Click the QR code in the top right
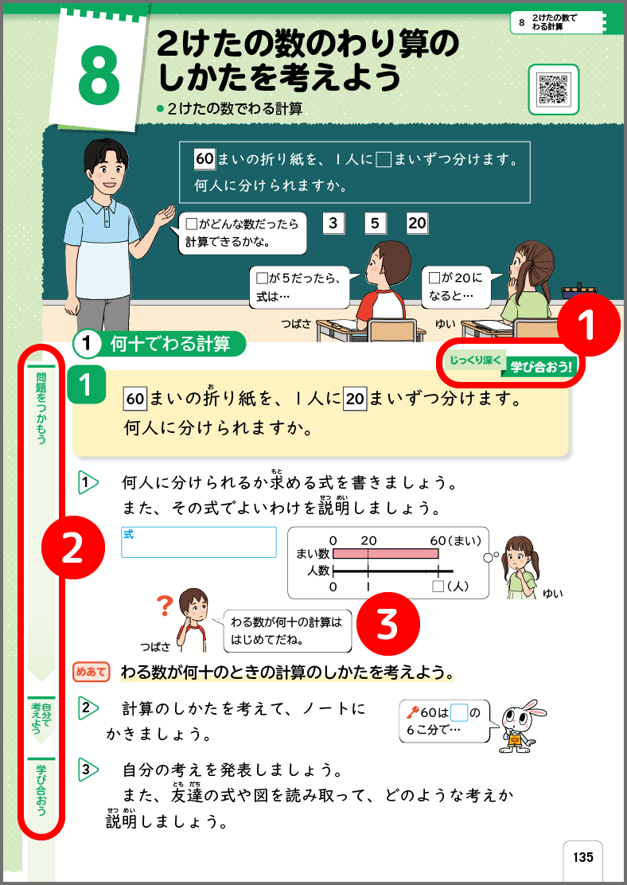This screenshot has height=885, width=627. [x=553, y=89]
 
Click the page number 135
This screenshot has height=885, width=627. [x=582, y=858]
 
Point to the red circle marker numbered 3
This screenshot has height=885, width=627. [x=387, y=625]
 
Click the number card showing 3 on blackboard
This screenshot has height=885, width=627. [x=333, y=224]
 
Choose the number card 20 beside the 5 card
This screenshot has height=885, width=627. [x=417, y=224]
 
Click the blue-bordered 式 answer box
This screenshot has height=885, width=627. [x=199, y=542]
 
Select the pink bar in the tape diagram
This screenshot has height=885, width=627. [x=386, y=553]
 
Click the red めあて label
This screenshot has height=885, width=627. [x=90, y=672]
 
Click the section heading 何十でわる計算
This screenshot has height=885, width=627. [x=169, y=344]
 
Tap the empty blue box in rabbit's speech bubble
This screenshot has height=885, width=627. [x=458, y=713]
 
